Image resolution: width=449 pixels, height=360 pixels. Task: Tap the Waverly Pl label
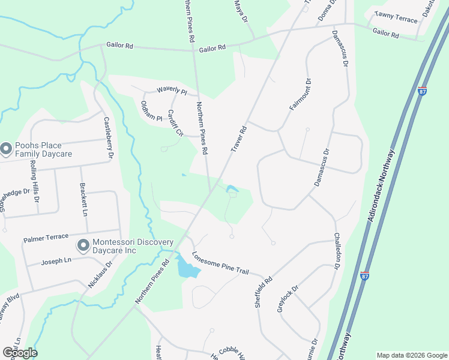point(172,91)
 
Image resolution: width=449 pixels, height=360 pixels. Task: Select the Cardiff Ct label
point(175,122)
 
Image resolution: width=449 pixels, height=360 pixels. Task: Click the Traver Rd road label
point(239,139)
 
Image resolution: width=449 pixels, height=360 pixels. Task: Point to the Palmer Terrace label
point(47,238)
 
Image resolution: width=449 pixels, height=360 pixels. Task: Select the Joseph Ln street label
point(56,262)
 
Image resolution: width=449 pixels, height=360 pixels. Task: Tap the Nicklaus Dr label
point(100,274)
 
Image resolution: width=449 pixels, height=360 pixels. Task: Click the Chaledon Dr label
point(337,250)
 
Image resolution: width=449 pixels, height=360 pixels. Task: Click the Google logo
point(20,353)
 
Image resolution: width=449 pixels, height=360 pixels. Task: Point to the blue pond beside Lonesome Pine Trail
point(187,267)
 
